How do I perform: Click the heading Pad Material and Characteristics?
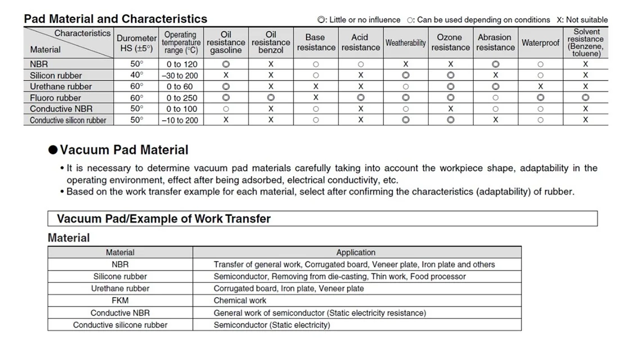point(115,19)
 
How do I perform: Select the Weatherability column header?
point(405,43)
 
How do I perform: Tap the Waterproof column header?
point(540,43)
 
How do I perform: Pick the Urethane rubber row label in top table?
point(61,87)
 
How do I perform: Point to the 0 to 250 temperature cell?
point(181,98)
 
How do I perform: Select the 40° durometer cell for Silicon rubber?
point(137,75)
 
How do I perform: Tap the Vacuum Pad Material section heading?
point(124,150)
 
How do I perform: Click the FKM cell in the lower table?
point(120,300)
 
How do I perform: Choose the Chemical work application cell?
point(240,300)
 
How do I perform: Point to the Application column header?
point(355,253)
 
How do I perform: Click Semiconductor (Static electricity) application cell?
point(272,325)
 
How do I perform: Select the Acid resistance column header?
point(360,43)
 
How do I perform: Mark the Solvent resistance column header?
point(585,43)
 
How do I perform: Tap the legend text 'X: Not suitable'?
point(582,20)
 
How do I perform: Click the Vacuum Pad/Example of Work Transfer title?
point(164,219)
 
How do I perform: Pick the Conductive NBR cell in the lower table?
point(120,313)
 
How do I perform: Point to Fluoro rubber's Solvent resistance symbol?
point(585,98)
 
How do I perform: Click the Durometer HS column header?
point(137,43)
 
